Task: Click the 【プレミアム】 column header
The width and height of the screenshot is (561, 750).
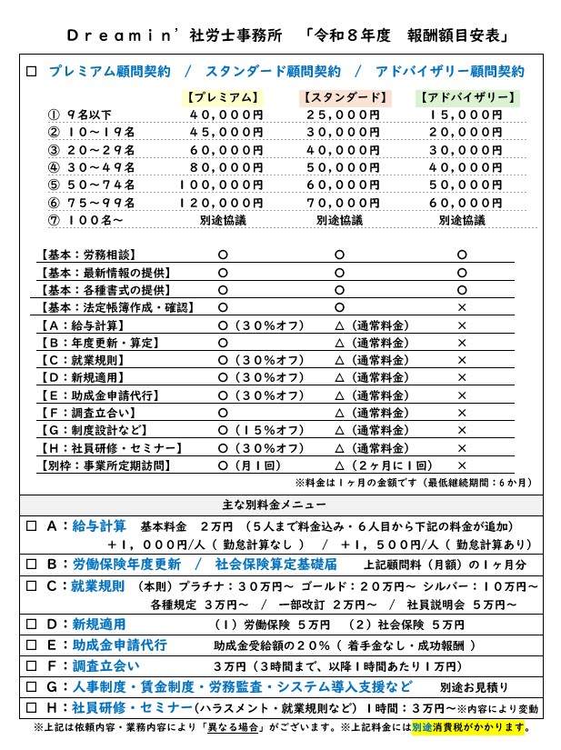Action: (222, 97)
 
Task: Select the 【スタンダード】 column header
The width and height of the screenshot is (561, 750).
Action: (345, 97)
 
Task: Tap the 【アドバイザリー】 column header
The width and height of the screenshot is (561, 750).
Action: (468, 97)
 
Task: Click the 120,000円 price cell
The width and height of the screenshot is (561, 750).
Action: (221, 202)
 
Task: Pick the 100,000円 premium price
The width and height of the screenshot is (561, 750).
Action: (221, 185)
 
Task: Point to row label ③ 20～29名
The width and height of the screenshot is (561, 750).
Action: (91, 150)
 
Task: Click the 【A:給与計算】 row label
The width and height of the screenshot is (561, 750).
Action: (85, 325)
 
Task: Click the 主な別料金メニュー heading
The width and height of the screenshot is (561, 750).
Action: (280, 504)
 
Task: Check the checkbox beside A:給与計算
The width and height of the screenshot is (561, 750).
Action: (31, 526)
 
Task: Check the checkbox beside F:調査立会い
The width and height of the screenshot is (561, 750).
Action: (31, 665)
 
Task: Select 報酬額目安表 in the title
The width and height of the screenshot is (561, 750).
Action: (460, 36)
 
